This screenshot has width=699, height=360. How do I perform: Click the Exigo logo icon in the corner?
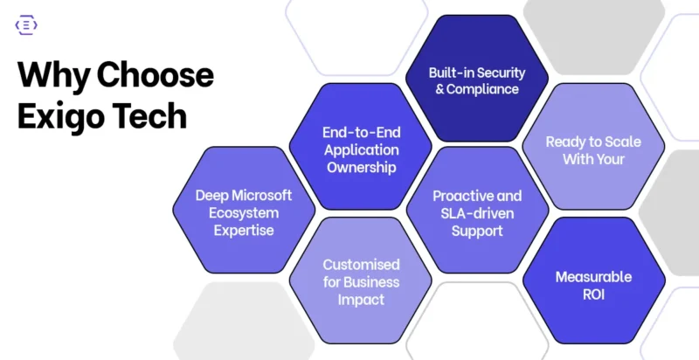[26, 25]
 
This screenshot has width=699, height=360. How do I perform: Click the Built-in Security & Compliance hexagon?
[477, 80]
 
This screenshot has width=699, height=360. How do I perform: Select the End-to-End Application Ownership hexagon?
[360, 149]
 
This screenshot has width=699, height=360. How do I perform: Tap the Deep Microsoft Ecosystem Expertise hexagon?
[244, 211]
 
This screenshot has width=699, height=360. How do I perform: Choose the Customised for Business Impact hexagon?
[360, 281]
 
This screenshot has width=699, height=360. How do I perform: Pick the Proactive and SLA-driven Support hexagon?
[477, 211]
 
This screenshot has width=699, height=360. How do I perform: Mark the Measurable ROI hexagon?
[593, 285]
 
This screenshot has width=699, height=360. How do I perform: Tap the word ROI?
[593, 294]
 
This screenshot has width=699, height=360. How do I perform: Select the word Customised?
[361, 264]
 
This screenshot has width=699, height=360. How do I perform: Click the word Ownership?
[360, 166]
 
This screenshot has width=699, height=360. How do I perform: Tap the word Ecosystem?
[244, 212]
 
